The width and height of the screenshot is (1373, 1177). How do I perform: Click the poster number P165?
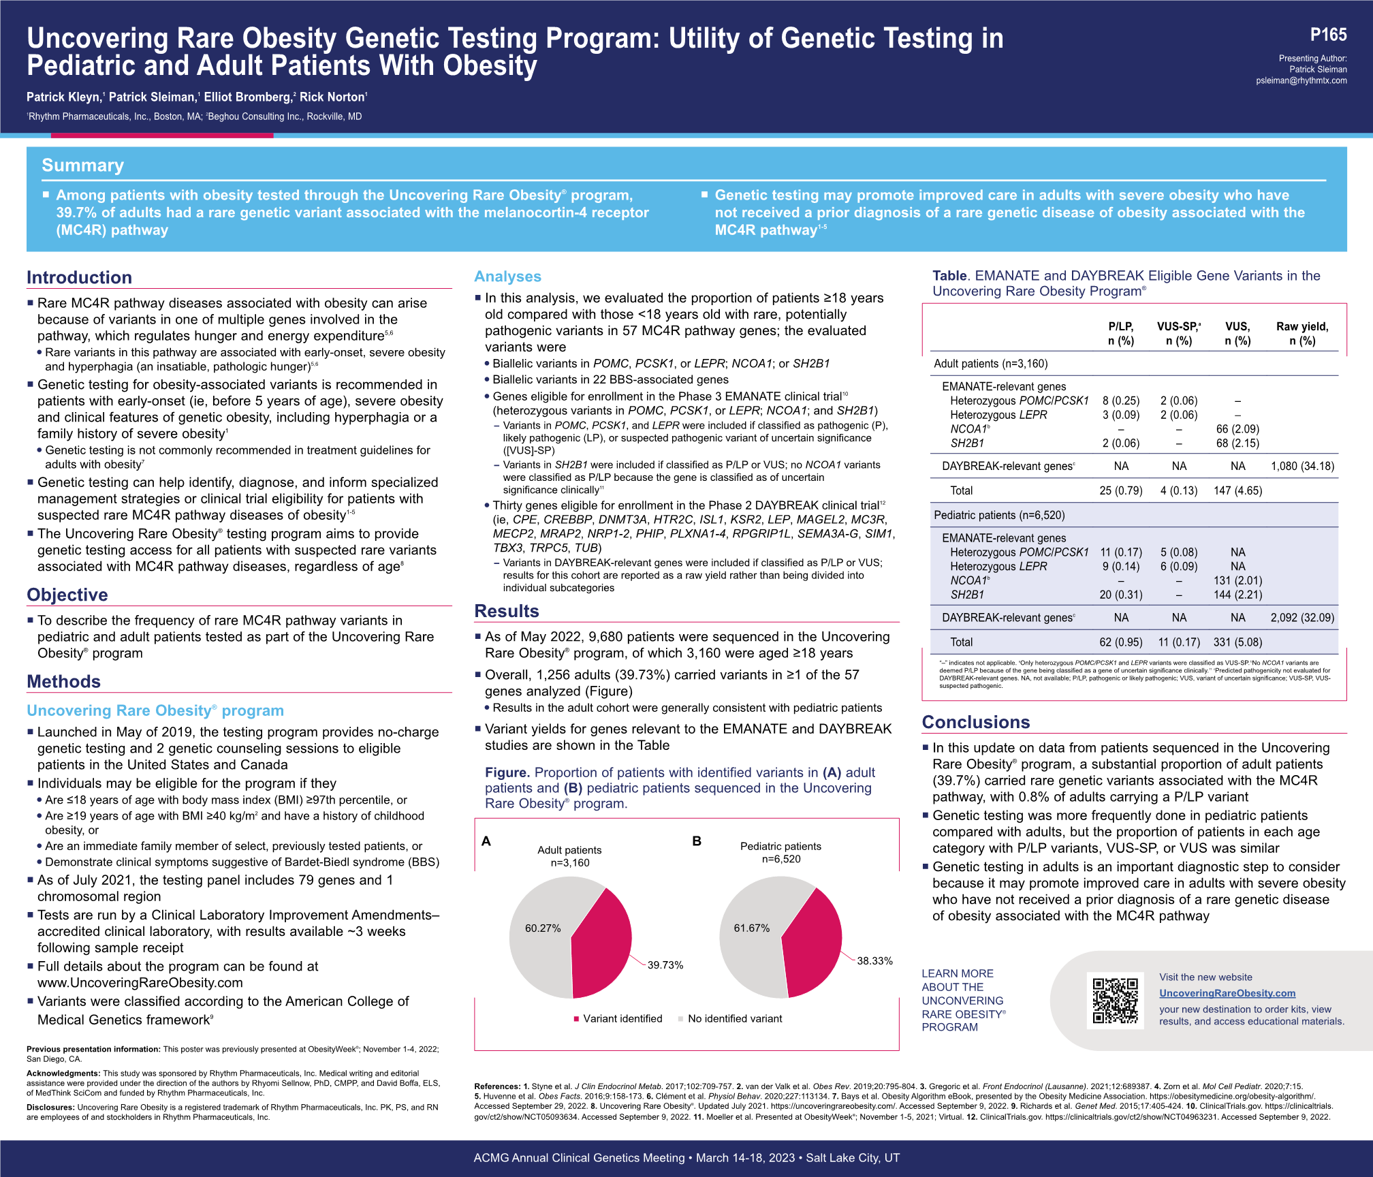pyautogui.click(x=1328, y=35)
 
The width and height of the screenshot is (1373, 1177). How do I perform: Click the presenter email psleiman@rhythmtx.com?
pyautogui.click(x=1301, y=80)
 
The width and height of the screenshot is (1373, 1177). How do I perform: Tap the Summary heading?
pyautogui.click(x=82, y=166)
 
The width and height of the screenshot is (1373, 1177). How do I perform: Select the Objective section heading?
pyautogui.click(x=67, y=595)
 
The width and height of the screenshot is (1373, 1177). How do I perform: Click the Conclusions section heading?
pyautogui.click(x=975, y=722)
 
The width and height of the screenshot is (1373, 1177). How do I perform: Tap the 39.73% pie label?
pyautogui.click(x=665, y=965)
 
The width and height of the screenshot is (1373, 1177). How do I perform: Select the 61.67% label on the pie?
pyautogui.click(x=751, y=928)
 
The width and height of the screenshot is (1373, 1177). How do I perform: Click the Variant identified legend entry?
pyautogui.click(x=622, y=1018)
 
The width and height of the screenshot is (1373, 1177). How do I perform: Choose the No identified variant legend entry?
pyautogui.click(x=734, y=1018)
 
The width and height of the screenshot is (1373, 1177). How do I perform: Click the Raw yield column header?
pyautogui.click(x=1301, y=334)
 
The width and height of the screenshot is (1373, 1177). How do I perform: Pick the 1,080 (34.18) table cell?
pyautogui.click(x=1302, y=467)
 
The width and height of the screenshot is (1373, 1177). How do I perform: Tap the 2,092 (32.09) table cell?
pyautogui.click(x=1302, y=618)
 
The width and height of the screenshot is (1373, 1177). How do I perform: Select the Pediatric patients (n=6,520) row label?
pyautogui.click(x=999, y=516)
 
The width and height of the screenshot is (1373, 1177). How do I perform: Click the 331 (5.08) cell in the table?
pyautogui.click(x=1237, y=642)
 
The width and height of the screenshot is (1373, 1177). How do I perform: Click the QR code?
pyautogui.click(x=1115, y=1000)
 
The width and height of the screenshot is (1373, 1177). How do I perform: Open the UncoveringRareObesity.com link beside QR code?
pyautogui.click(x=1227, y=993)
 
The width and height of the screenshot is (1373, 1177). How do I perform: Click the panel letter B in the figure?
pyautogui.click(x=697, y=841)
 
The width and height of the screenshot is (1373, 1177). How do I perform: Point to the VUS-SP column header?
pyautogui.click(x=1179, y=334)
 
